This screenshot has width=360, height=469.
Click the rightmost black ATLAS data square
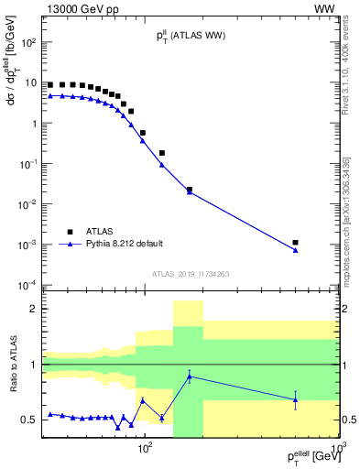(295, 243)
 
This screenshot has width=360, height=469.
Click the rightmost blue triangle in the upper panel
(295, 250)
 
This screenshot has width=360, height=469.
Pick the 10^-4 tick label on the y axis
(28, 285)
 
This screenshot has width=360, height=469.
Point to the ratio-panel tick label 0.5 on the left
(30, 420)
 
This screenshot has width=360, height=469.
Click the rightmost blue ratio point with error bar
(295, 399)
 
